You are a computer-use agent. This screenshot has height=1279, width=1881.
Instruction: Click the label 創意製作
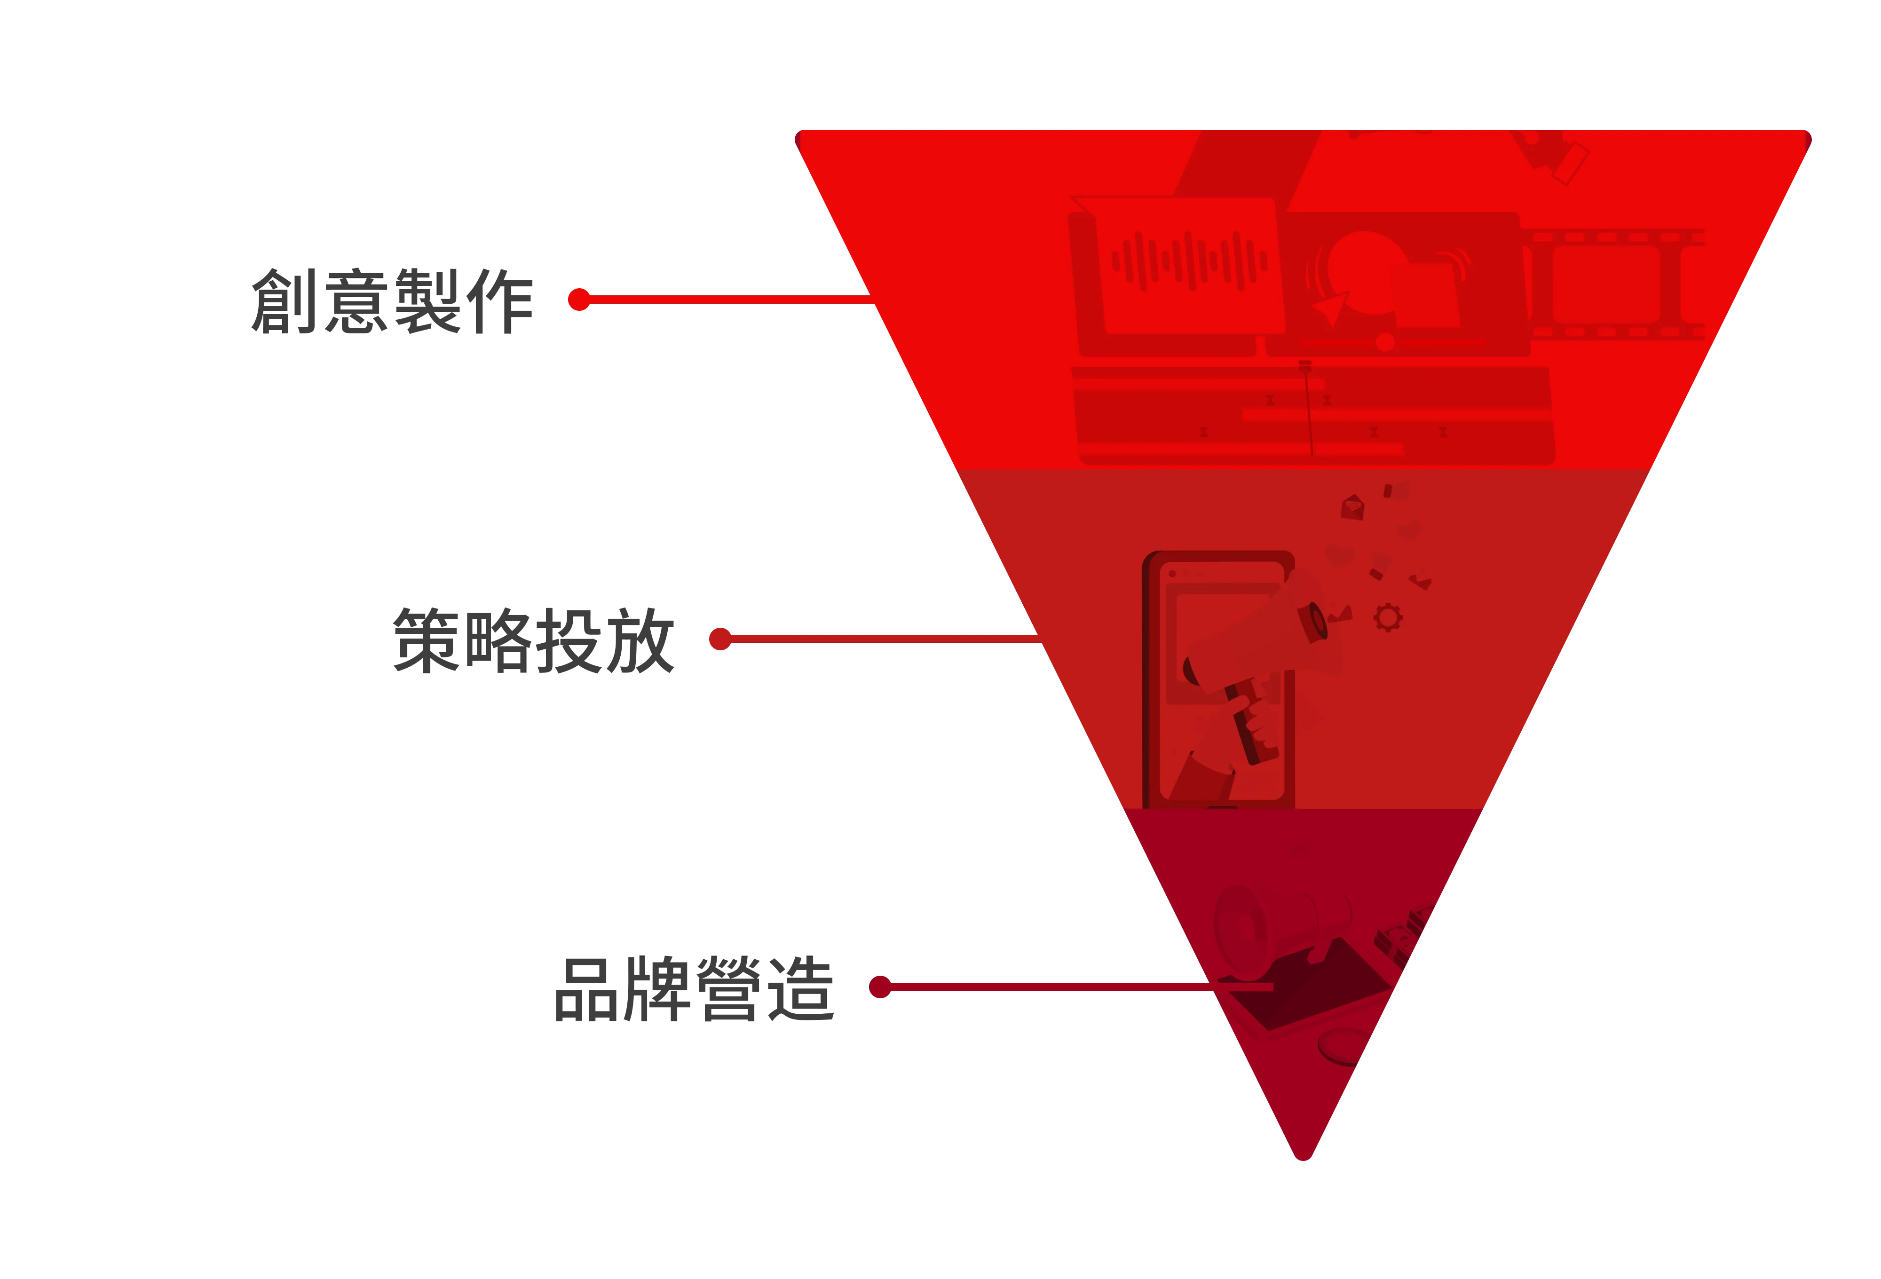[x=393, y=301]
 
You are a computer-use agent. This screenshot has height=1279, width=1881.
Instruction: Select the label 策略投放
[x=534, y=640]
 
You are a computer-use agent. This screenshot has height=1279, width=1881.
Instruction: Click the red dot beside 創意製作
[x=579, y=300]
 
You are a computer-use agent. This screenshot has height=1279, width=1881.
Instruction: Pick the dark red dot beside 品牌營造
[x=880, y=987]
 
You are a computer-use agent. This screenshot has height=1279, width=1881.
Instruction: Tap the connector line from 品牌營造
[x=1081, y=987]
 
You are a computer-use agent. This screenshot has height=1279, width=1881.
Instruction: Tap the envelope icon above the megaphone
[x=1352, y=507]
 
